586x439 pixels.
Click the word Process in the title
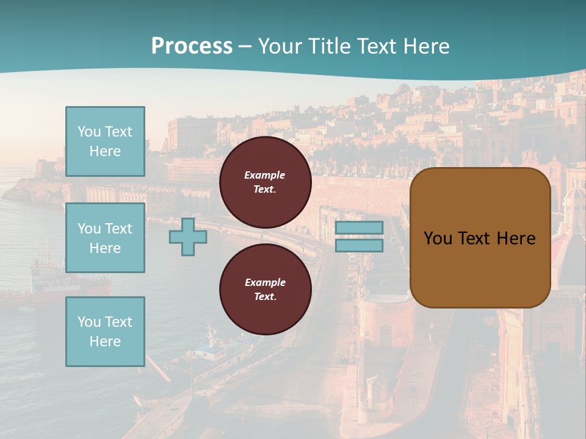192,46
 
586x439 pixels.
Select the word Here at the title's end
426,46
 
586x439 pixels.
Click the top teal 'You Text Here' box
105,141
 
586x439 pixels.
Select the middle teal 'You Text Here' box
105,238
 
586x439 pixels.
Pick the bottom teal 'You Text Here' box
105,332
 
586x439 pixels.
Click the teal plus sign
188,237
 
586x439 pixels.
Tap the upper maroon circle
266,182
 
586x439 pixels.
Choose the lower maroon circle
266,290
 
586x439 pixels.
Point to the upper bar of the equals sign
359,228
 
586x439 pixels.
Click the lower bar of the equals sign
359,246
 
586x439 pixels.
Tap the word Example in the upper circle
265,176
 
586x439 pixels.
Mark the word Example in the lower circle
265,283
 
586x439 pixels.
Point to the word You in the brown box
438,238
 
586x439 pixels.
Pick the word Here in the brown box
516,238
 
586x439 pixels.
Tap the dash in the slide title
245,46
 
